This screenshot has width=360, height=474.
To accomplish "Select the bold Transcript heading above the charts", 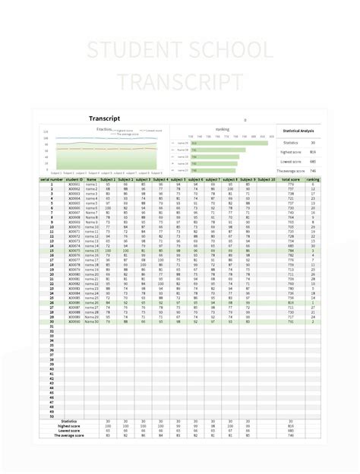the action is [x=105, y=119].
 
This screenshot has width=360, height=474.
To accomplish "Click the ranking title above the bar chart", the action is [x=223, y=130].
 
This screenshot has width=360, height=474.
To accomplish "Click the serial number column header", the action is [x=54, y=179].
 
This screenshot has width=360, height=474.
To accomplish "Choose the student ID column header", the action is [x=74, y=179].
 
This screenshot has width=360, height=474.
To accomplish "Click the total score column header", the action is [x=290, y=179].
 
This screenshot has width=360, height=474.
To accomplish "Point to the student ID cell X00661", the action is [x=74, y=184].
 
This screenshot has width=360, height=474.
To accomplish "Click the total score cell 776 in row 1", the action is [x=290, y=184].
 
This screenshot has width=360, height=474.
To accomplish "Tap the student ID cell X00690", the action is [x=74, y=321].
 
